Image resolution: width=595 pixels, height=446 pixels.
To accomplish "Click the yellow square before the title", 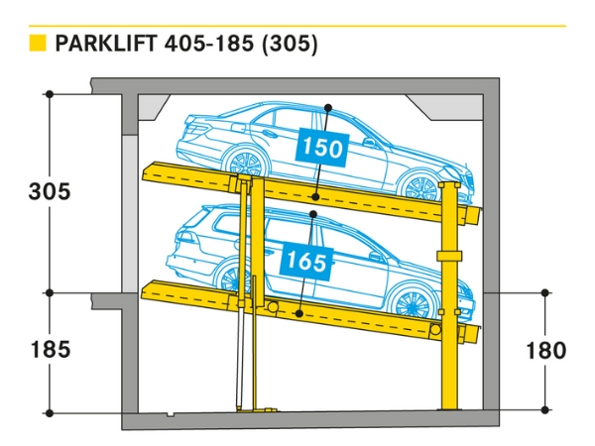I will pos(38,44).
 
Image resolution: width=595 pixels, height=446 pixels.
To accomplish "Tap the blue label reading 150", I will pos(322,150).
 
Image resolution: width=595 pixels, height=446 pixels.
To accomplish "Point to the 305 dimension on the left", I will pos(50,192).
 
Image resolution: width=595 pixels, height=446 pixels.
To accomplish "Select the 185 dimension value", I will pos(50,349).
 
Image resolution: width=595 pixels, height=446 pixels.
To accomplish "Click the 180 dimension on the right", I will pos(545,350).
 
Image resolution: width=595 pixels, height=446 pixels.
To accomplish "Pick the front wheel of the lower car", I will pos(409,300).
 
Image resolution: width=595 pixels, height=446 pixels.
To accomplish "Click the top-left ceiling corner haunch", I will pos(154,104).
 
